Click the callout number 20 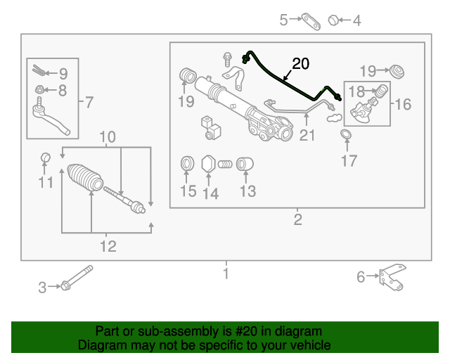click(300, 64)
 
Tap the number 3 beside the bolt click(42, 287)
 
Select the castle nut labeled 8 click(41, 89)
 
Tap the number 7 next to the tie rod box click(88, 103)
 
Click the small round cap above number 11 click(44, 156)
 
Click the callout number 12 click(108, 246)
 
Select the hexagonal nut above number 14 click(208, 165)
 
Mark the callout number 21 click(307, 134)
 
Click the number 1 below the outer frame click(226, 274)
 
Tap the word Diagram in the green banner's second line click(100, 345)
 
